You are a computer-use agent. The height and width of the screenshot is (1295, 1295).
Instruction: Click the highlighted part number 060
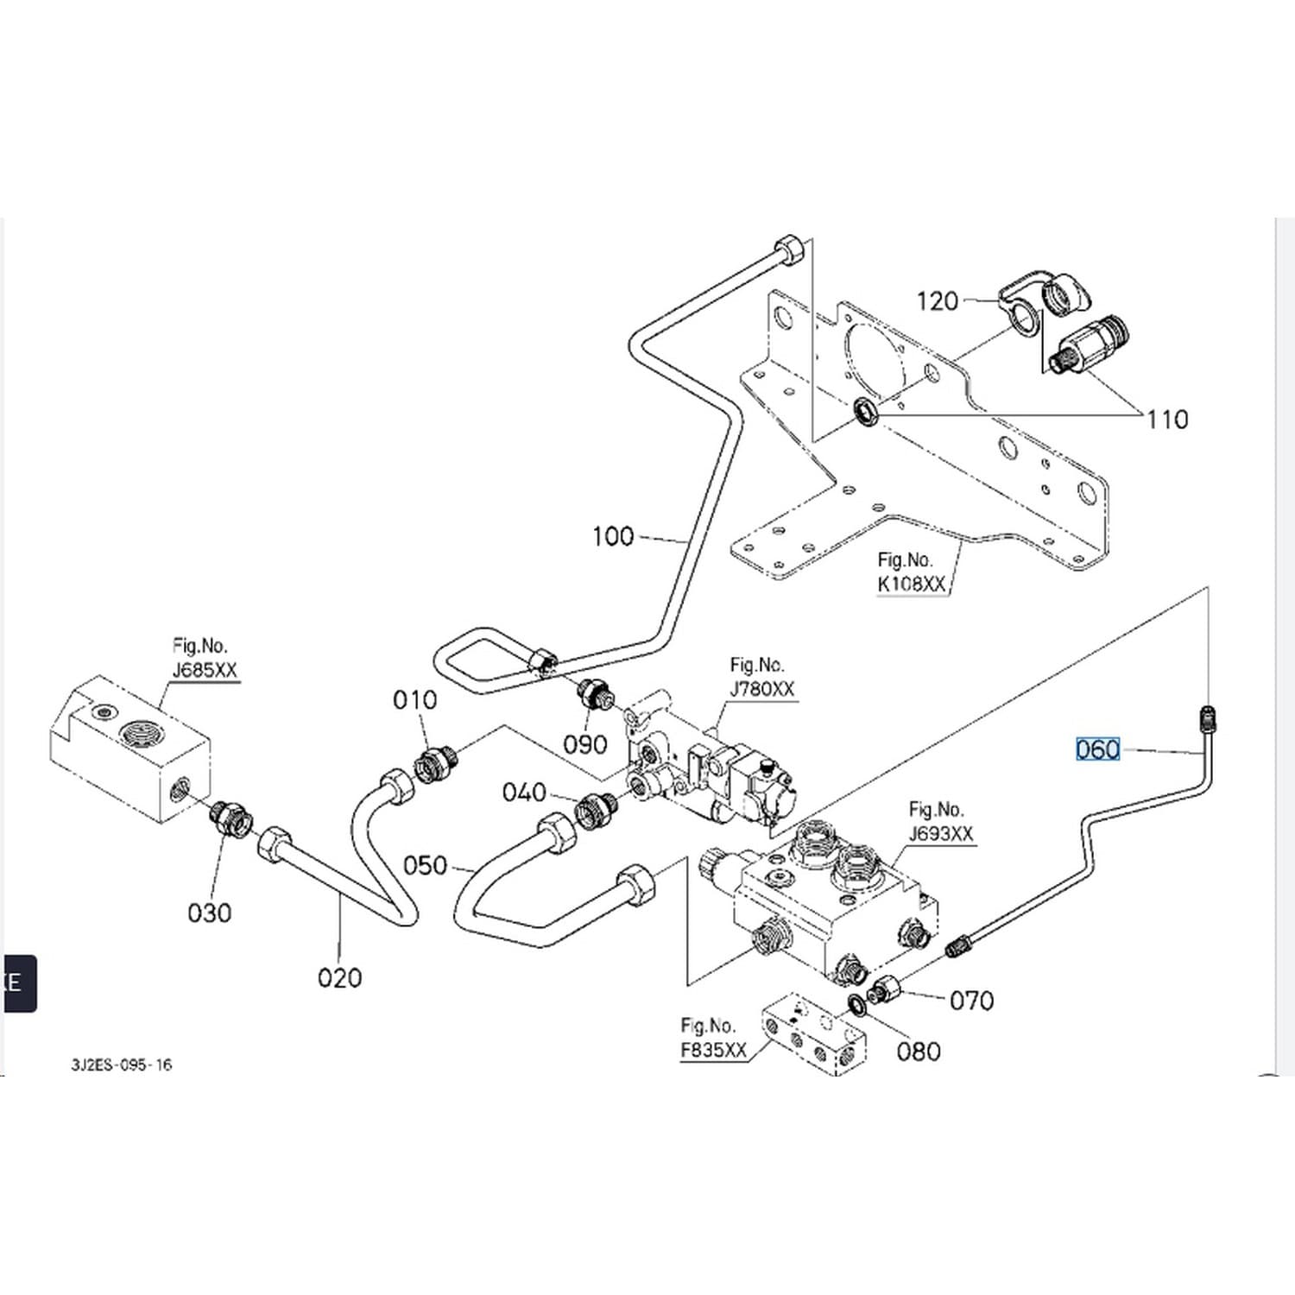pos(1097,749)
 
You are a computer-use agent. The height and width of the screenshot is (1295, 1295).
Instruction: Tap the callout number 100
pos(613,536)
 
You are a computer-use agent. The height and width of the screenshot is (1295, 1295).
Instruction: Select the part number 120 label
pos(938,301)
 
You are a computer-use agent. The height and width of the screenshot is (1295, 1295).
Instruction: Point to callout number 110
pos(1167,420)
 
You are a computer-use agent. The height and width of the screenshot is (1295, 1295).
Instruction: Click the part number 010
pos(414,699)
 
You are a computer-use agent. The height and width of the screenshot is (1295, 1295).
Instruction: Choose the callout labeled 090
pos(584,744)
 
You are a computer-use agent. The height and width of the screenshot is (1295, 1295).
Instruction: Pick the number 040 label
pos(524,792)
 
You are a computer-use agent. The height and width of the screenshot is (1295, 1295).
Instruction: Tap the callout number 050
pos(425,865)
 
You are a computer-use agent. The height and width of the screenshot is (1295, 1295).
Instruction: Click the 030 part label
pos(209,913)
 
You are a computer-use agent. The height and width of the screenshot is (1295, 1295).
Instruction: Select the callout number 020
pos(339,978)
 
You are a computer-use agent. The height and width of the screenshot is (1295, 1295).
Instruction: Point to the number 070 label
pos(971,1001)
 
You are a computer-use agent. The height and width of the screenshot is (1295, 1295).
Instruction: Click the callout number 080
pos(918,1052)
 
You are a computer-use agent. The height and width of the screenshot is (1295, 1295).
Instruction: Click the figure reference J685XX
pos(205,670)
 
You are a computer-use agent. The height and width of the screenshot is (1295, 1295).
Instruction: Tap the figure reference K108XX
pos(912,584)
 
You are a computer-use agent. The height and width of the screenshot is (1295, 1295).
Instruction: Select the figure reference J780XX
pos(762,689)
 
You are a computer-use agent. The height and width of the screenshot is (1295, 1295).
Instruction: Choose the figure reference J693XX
pos(941,834)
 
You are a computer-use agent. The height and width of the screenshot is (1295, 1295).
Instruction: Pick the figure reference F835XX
pos(713,1050)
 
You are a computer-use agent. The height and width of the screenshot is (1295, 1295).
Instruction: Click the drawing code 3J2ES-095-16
pos(122,1064)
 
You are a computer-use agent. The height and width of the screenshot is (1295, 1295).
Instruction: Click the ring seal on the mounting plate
pos(865,412)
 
